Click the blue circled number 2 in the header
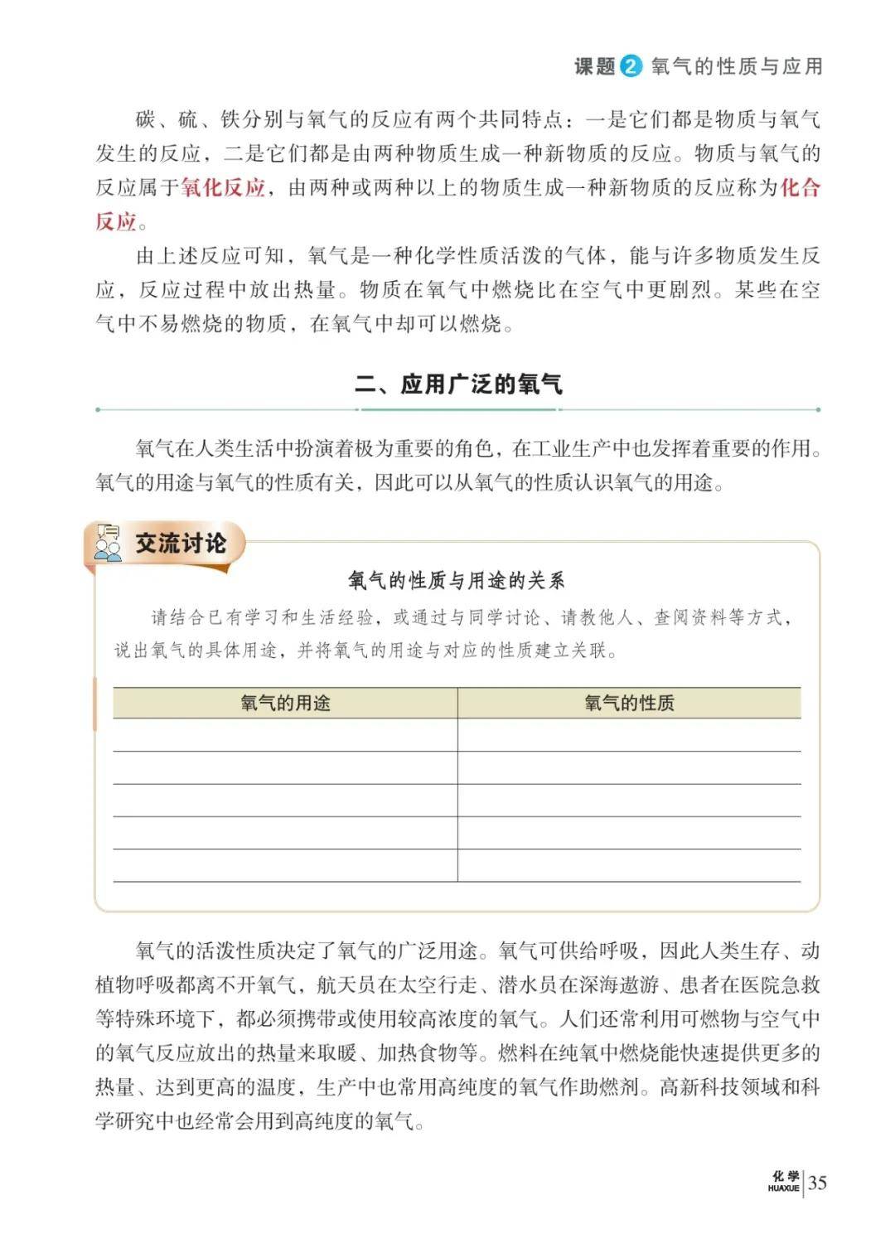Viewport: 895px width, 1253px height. (631, 66)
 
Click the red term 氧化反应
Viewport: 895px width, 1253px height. (223, 188)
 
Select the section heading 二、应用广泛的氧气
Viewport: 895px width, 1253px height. (458, 385)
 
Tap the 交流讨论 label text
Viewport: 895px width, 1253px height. (181, 544)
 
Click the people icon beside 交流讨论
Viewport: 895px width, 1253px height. (108, 544)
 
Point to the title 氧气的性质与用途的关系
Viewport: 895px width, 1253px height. (457, 580)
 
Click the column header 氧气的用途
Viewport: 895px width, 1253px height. (285, 704)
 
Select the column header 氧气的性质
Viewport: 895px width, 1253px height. (629, 704)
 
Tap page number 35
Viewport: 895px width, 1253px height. (817, 1183)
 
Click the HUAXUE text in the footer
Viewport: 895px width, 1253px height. (783, 1188)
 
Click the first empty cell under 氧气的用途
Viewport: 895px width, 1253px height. (285, 735)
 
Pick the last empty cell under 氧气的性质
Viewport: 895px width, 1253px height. (629, 865)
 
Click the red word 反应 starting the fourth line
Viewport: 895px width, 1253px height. (116, 222)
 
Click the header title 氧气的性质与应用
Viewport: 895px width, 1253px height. (737, 66)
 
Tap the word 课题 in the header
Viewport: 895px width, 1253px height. (595, 66)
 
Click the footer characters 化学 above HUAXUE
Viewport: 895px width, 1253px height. (785, 1177)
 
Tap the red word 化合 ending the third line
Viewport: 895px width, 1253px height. (800, 188)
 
